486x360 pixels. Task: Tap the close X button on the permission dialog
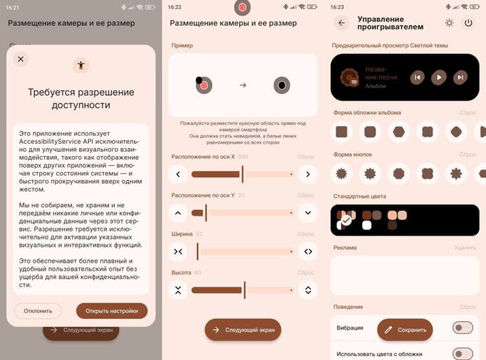click(21, 60)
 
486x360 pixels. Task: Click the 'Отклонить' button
click(38, 311)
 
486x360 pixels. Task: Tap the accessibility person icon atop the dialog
click(81, 65)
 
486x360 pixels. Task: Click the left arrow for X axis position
click(178, 174)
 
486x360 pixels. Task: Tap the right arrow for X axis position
click(308, 174)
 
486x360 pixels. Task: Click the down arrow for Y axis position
click(308, 212)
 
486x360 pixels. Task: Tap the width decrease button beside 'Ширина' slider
click(178, 251)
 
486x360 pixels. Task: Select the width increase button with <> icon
click(308, 251)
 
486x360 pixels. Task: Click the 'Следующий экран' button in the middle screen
click(243, 330)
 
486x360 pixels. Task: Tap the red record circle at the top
click(242, 8)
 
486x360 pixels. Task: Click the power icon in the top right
click(468, 23)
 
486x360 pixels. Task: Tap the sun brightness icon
click(449, 23)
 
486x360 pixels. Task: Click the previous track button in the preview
click(418, 78)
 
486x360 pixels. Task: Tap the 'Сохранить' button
click(405, 330)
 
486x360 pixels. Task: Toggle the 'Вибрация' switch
click(463, 328)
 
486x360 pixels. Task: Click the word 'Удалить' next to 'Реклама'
click(465, 247)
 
